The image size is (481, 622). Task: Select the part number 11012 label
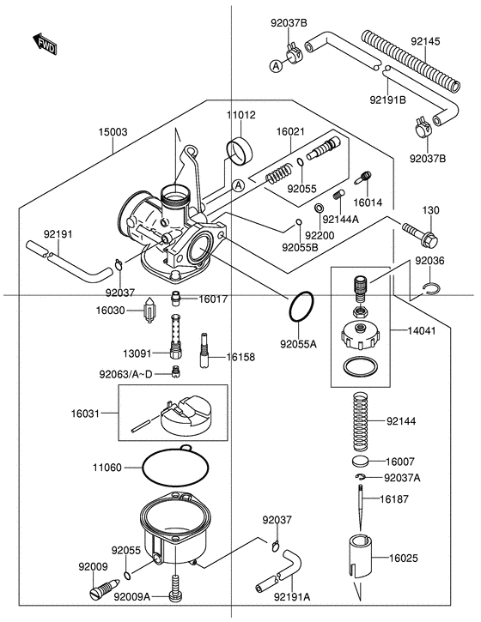click(240, 114)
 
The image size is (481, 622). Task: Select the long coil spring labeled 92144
click(362, 420)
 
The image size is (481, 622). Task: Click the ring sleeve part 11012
click(239, 150)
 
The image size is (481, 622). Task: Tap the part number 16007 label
click(399, 460)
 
